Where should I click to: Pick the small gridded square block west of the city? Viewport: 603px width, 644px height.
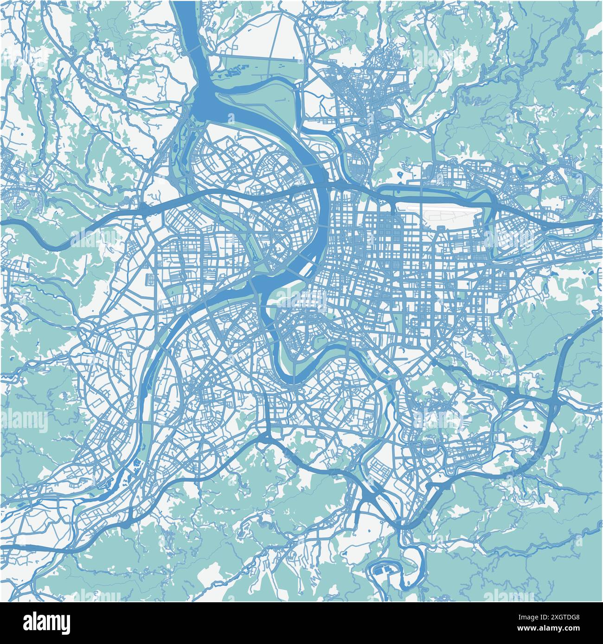(x=151, y=280)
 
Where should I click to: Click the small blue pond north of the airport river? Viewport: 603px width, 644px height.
(x=399, y=175)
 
